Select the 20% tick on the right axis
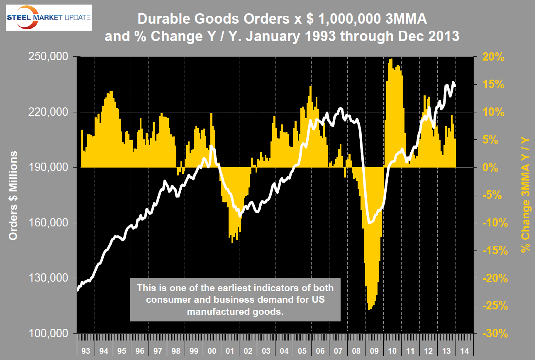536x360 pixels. [493, 57]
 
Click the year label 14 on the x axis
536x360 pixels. [465, 351]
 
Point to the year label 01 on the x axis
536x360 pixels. [230, 351]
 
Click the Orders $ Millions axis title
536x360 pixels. [13, 195]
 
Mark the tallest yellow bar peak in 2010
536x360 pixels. [391, 59]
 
